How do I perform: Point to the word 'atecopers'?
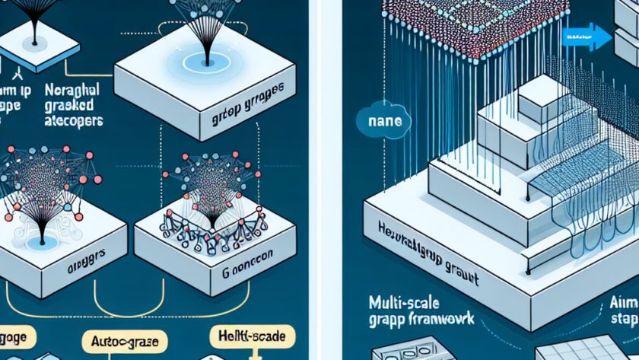[x=69, y=120]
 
